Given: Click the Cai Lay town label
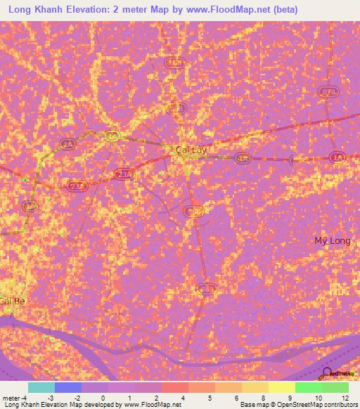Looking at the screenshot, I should pyautogui.click(x=191, y=150).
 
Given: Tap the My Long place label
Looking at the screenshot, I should pyautogui.click(x=332, y=241).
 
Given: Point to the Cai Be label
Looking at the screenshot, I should pyautogui.click(x=12, y=301).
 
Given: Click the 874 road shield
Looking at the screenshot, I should pyautogui.click(x=328, y=93).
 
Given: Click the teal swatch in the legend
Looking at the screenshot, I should pyautogui.click(x=41, y=387).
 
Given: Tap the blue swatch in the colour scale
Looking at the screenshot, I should pyautogui.click(x=67, y=387).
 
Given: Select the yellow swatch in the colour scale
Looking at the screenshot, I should pyautogui.click(x=281, y=387).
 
